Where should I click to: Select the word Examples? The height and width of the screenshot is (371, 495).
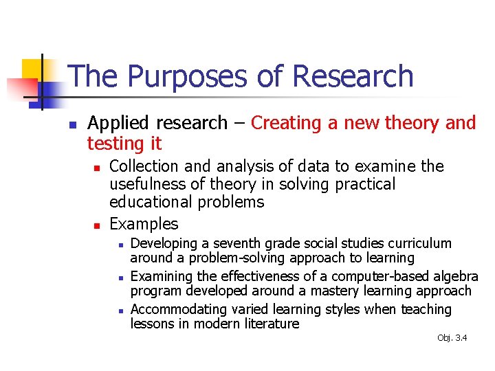pos(144,224)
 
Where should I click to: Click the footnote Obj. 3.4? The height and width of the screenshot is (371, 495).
pos(452,337)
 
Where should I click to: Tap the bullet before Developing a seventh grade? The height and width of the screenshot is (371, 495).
pos(120,245)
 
